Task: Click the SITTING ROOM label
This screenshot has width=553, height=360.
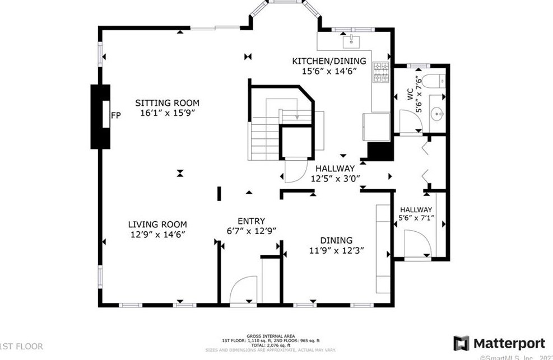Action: click(167, 103)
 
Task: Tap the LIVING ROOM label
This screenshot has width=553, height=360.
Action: click(157, 224)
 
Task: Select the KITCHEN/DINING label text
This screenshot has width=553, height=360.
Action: click(329, 61)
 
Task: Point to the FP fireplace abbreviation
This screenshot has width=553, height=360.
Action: click(115, 116)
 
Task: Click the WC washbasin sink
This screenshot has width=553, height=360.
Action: click(437, 114)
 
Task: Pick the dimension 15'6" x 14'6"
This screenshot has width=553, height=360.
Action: click(329, 71)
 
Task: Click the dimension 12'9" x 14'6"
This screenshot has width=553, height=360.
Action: click(157, 235)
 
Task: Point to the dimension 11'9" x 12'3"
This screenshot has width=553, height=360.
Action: click(337, 250)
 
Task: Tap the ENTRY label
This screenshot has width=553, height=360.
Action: click(251, 221)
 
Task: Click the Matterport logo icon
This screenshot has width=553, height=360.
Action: click(461, 343)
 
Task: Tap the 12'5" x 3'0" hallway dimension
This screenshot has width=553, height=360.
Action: click(335, 179)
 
